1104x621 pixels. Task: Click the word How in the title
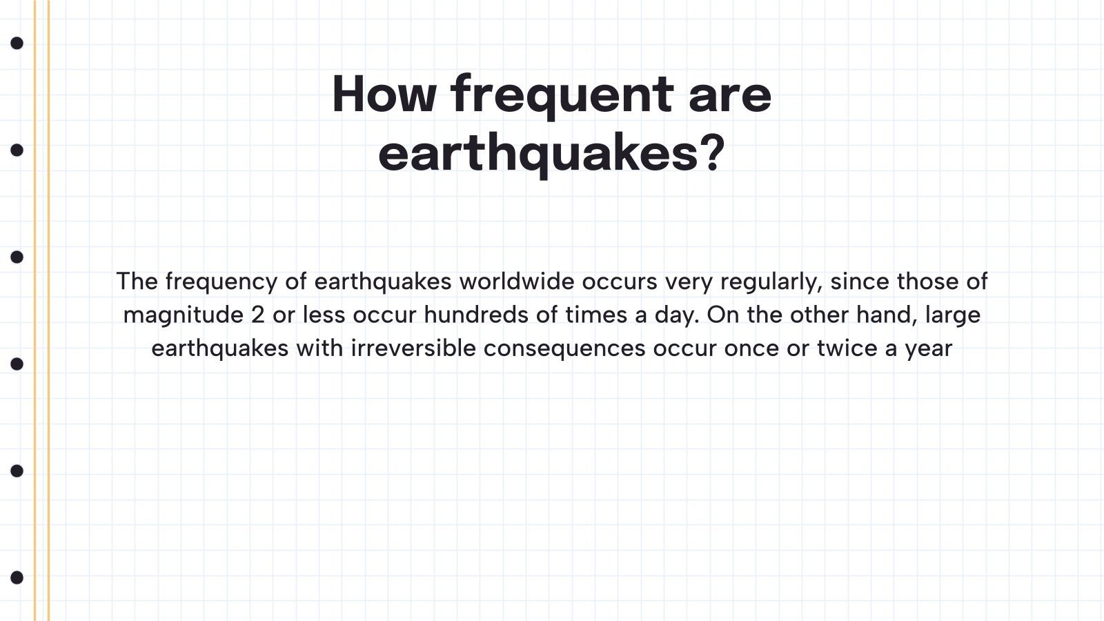pyautogui.click(x=384, y=94)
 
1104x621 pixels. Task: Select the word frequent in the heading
pyautogui.click(x=562, y=96)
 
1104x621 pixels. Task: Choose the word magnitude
pyautogui.click(x=184, y=315)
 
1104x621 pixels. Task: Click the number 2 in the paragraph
pyautogui.click(x=258, y=315)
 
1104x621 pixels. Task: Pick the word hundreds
pyautogui.click(x=476, y=315)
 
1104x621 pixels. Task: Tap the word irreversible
pyautogui.click(x=413, y=348)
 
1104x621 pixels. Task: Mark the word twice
pyautogui.click(x=847, y=348)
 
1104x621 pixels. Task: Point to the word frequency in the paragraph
pyautogui.click(x=221, y=282)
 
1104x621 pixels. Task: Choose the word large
pyautogui.click(x=953, y=315)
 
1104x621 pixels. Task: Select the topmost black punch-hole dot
pyautogui.click(x=17, y=43)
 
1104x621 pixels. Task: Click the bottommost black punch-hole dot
pyautogui.click(x=17, y=578)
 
